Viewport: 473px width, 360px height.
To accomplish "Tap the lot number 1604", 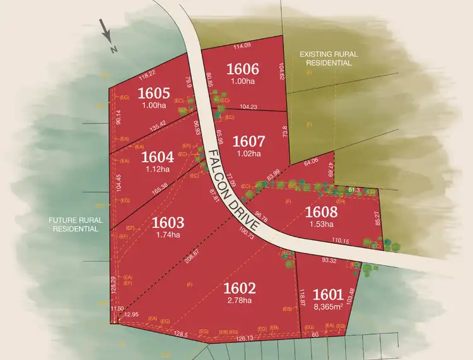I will tap(157, 156).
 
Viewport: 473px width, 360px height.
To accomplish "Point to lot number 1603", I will tap(168, 222).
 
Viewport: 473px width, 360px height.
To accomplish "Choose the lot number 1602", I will tap(240, 288).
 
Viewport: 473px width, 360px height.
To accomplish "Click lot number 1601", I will tap(328, 294).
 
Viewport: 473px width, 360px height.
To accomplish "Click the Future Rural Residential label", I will tap(74, 225).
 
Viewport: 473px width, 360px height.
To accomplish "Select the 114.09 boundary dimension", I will tap(242, 45).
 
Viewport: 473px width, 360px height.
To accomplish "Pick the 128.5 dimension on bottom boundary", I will tap(181, 334).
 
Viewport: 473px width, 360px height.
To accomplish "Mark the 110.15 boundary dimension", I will tap(340, 241).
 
